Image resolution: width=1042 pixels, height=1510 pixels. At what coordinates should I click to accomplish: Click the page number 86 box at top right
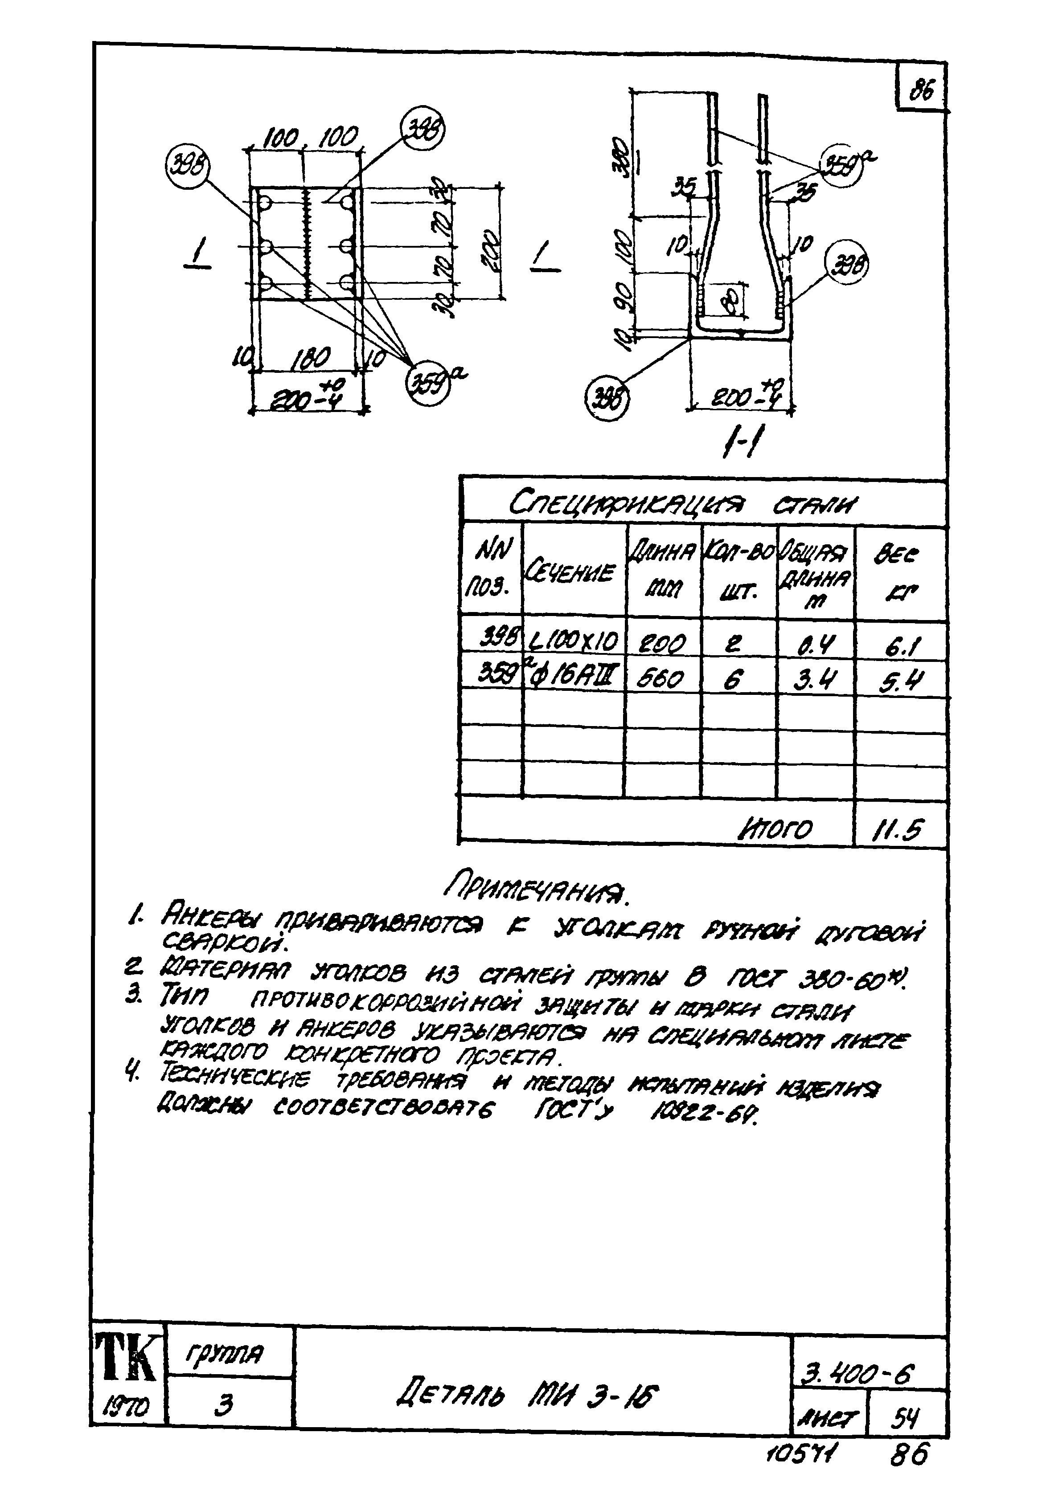(921, 89)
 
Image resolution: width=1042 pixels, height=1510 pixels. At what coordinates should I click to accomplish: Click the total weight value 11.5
(898, 830)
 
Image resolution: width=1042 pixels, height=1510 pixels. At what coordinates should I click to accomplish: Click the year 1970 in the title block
(126, 1408)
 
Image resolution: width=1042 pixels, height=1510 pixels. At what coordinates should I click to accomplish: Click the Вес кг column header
(898, 573)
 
